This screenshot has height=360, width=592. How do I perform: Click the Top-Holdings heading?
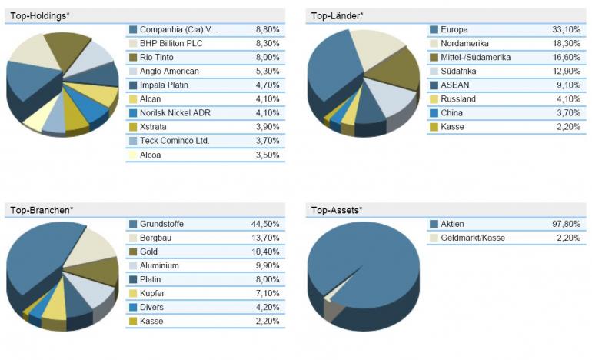[x=38, y=15]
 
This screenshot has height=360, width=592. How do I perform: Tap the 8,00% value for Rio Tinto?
[x=267, y=57]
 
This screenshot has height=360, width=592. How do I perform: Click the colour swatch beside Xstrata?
[x=133, y=127]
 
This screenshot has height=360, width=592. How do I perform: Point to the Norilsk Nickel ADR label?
[x=175, y=113]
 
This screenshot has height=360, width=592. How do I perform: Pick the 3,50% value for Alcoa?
[x=267, y=155]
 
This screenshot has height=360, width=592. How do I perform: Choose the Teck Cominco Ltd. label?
[x=175, y=141]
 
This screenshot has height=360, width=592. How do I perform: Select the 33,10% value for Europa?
[x=566, y=29]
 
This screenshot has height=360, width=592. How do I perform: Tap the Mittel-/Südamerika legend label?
[x=476, y=57]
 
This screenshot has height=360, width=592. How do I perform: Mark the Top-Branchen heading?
[x=39, y=209]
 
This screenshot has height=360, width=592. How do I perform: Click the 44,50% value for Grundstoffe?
[x=265, y=224]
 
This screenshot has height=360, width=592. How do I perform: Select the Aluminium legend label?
[x=160, y=265]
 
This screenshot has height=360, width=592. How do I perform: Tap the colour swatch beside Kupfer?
[x=133, y=293]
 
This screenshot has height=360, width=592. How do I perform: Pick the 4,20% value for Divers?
[x=267, y=307]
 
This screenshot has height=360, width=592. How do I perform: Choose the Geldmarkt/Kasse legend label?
[x=473, y=238]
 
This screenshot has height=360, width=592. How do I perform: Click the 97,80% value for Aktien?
[x=566, y=224]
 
